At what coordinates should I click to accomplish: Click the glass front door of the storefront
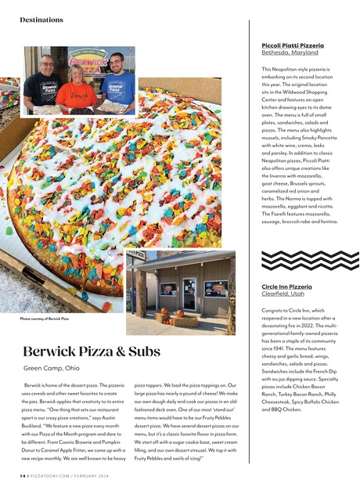pyautogui.click(x=189, y=294)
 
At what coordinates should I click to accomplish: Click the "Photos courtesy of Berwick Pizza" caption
pyautogui.click(x=45, y=319)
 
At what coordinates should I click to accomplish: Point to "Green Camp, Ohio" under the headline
pyautogui.click(x=51, y=368)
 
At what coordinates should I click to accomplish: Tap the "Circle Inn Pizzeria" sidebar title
pyautogui.click(x=286, y=287)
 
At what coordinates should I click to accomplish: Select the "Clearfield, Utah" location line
pyautogui.click(x=282, y=294)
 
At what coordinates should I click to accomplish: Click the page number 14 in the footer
pyautogui.click(x=23, y=475)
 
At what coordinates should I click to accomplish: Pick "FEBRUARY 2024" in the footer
pyautogui.click(x=104, y=475)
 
